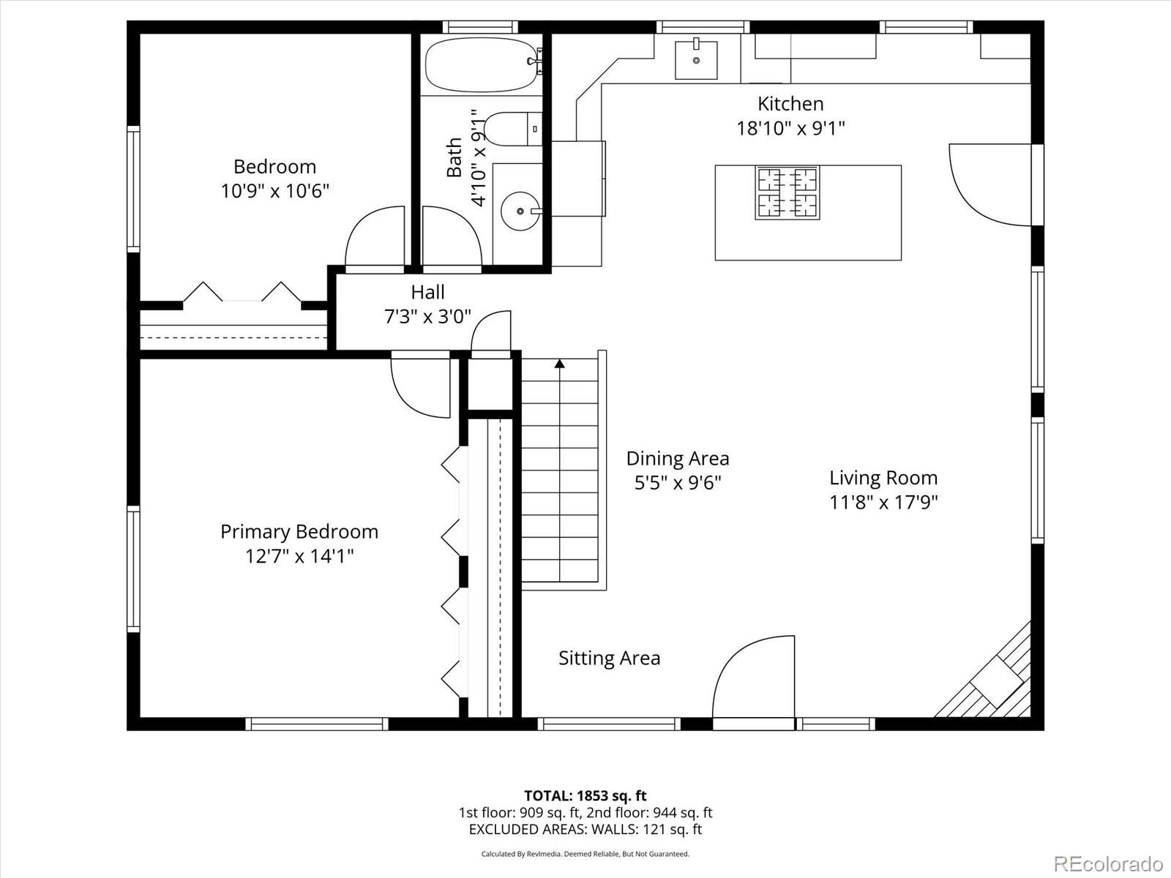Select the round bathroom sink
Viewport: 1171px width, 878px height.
click(520, 211)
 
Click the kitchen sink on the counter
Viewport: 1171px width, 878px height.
click(695, 59)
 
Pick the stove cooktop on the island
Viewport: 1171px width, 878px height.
click(787, 193)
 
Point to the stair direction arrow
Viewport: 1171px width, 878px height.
click(560, 364)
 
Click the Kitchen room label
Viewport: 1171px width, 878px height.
click(790, 104)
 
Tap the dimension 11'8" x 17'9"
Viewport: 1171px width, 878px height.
click(883, 503)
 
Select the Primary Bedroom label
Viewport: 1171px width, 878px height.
click(299, 531)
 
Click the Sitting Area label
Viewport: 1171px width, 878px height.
click(609, 658)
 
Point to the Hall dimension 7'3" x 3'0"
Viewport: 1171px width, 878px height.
click(427, 317)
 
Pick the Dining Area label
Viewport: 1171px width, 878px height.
click(678, 459)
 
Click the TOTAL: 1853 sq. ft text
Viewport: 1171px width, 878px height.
click(585, 795)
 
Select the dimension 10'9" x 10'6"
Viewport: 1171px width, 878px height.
click(275, 192)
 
